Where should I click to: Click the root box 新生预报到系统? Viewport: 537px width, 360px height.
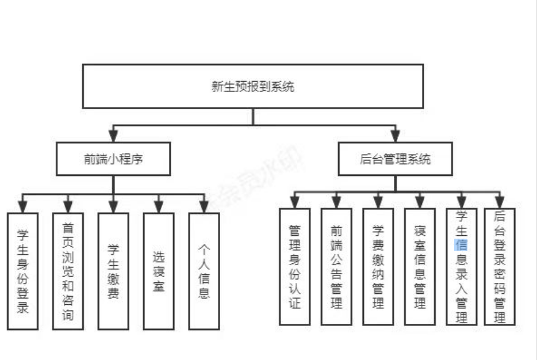pos(253,86)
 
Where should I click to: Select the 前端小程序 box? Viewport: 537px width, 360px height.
pos(113,159)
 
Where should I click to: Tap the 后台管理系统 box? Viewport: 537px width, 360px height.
pos(395,159)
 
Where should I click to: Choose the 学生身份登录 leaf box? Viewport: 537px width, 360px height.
pos(22,271)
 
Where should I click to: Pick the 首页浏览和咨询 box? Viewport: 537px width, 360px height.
pos(68,271)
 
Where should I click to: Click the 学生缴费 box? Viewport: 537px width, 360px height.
pos(113,271)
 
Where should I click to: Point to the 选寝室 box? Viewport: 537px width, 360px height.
pos(159,271)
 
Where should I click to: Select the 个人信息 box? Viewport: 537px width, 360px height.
pos(204,271)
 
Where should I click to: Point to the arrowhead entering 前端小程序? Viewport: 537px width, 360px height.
pos(113,137)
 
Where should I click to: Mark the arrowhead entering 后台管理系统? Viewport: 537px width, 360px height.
pos(395,137)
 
